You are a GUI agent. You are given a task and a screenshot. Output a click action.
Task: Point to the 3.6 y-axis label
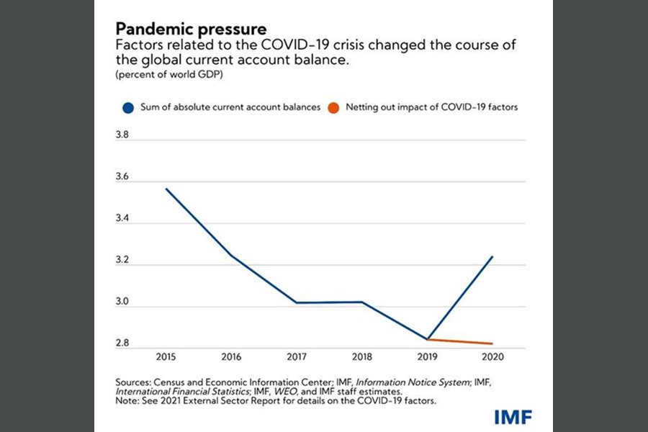point(125,176)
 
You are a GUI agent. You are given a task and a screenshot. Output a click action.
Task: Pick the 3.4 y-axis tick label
point(125,219)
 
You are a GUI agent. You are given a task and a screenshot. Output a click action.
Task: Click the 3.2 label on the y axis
point(125,261)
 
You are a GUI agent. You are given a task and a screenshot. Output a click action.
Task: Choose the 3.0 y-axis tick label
point(125,302)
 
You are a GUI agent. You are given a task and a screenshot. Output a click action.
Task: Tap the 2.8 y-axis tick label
point(125,343)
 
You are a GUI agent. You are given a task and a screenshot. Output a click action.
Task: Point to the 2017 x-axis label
point(296,356)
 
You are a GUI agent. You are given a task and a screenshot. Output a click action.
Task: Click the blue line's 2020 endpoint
point(493,256)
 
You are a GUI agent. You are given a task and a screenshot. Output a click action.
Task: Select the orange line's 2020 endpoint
point(493,343)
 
